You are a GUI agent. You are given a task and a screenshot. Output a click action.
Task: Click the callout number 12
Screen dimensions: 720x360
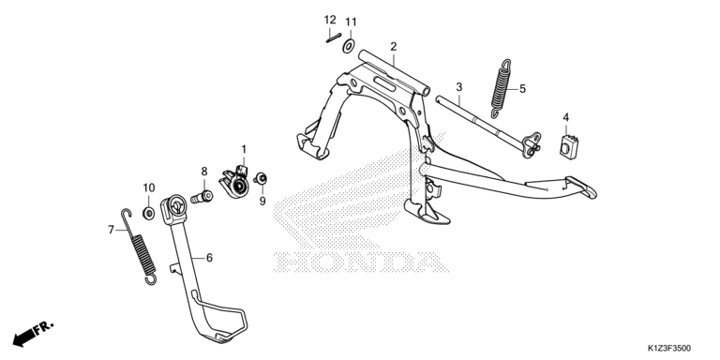(330, 20)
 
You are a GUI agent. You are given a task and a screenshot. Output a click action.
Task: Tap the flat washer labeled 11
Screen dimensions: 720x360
(349, 46)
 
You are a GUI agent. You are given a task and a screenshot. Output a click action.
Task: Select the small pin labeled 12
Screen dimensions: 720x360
(332, 38)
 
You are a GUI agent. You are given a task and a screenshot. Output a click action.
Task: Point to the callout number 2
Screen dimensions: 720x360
(394, 46)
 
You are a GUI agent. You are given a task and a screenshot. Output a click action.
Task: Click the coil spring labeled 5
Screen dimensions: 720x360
(500, 88)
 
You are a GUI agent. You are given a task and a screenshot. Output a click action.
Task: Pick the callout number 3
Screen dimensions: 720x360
(459, 86)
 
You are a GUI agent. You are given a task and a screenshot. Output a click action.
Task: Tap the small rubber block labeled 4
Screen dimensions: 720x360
(568, 147)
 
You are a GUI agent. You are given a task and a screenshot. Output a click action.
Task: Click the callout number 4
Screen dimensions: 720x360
(566, 117)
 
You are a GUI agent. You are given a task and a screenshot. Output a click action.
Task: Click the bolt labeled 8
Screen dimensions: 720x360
(202, 198)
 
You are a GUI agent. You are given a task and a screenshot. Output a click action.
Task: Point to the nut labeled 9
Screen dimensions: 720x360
(262, 179)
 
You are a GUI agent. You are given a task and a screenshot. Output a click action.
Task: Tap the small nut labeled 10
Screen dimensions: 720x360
(148, 213)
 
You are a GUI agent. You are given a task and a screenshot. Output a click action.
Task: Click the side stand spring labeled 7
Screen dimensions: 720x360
(141, 247)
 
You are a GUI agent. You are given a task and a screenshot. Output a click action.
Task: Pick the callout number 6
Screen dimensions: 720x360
(209, 258)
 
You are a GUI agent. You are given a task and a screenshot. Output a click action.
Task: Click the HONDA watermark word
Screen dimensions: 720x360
(360, 262)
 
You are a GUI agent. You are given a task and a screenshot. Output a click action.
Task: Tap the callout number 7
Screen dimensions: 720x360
(111, 230)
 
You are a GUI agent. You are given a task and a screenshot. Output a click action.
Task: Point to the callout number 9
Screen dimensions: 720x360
(262, 202)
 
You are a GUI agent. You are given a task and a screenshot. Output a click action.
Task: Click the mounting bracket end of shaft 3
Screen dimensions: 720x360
(532, 144)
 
